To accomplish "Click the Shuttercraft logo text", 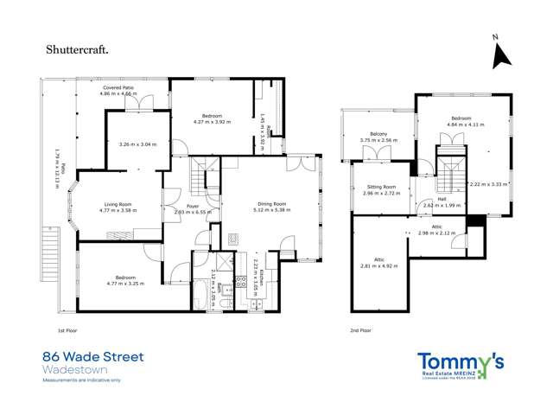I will [77, 49].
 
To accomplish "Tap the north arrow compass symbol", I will [499, 54].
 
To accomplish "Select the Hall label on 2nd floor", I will [442, 200].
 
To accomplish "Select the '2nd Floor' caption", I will [360, 330].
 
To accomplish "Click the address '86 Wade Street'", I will [93, 356].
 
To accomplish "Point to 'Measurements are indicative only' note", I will [82, 380].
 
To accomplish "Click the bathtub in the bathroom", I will [202, 296].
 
